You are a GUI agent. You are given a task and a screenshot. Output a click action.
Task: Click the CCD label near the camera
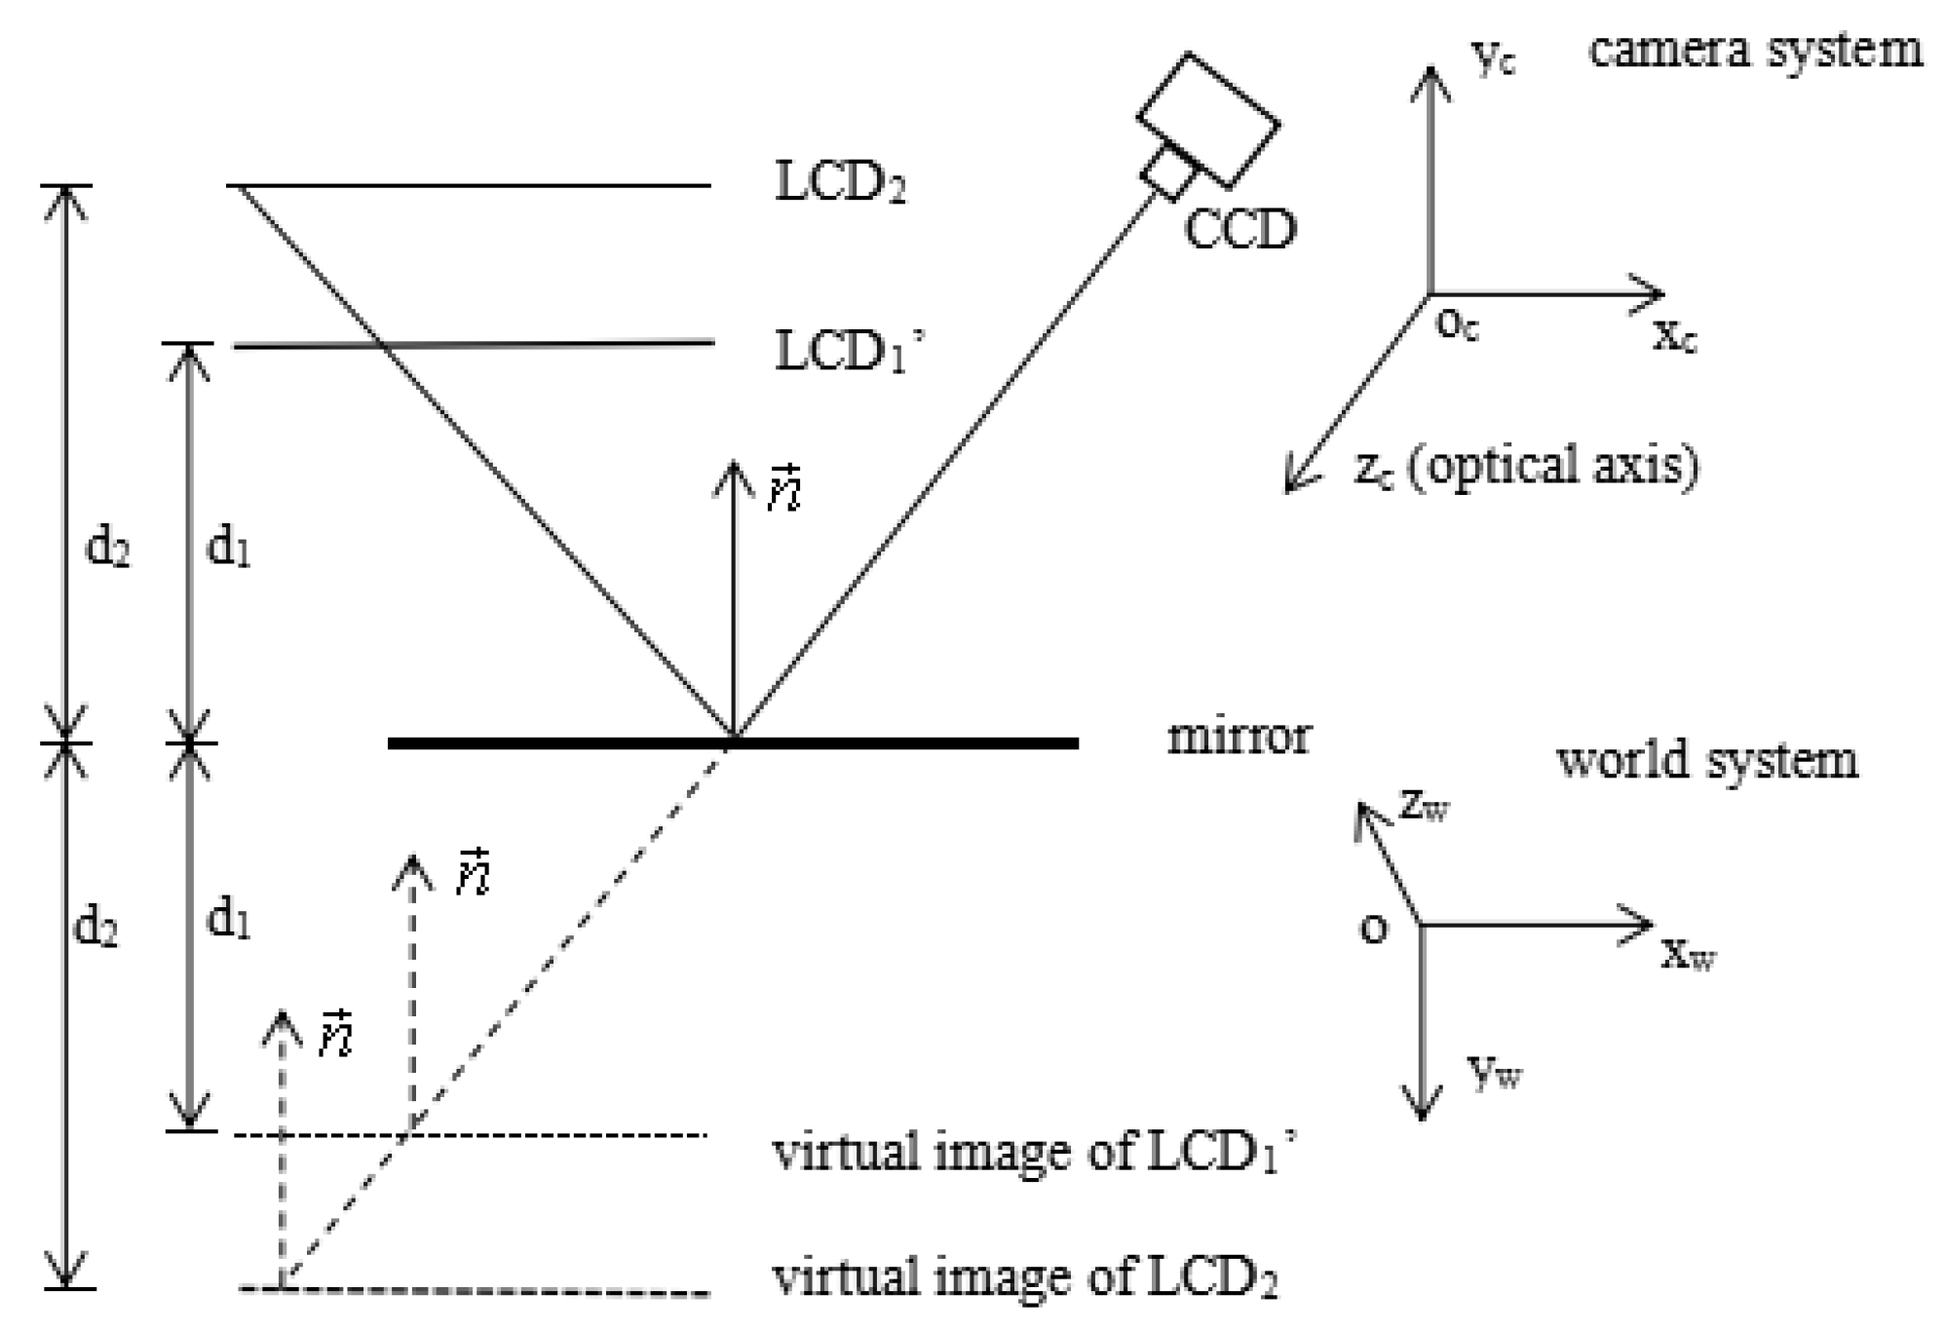1239,229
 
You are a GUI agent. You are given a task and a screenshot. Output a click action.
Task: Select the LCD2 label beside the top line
840,182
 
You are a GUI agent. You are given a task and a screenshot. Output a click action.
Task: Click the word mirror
1238,737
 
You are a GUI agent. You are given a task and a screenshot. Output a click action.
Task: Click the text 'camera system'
1755,49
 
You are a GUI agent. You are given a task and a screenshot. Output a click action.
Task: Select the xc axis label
1674,336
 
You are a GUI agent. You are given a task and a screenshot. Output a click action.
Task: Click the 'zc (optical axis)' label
1526,466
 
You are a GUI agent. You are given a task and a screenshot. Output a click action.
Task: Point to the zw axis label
1424,805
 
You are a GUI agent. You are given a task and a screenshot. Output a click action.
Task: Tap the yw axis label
1493,1072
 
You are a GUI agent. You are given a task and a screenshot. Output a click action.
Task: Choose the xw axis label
1687,954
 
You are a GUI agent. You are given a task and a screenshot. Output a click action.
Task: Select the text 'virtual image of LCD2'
1024,1276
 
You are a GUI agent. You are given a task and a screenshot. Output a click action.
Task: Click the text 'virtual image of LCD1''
1033,1153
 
